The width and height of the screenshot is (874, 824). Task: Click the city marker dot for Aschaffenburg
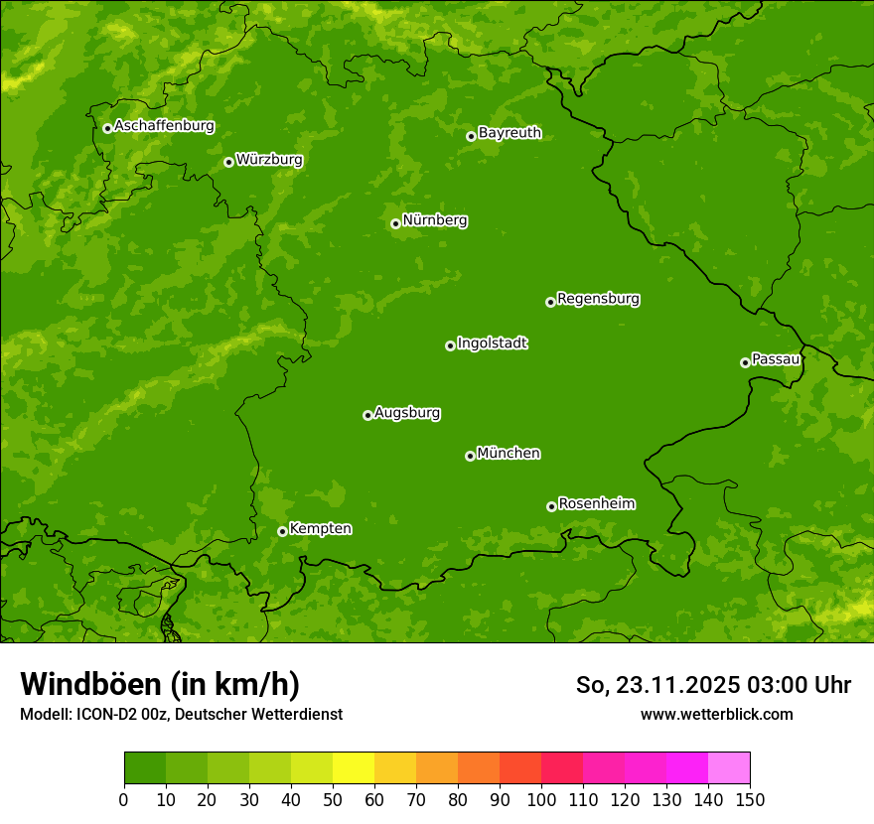(107, 128)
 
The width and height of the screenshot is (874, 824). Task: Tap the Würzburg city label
(269, 160)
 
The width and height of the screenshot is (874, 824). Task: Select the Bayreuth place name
(510, 133)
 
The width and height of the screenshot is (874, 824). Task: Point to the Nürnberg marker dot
(395, 223)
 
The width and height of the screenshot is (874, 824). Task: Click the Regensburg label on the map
(598, 299)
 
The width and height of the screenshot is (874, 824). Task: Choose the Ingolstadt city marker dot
(450, 345)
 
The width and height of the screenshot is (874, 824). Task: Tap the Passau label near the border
(776, 359)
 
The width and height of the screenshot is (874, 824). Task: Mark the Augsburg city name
(407, 413)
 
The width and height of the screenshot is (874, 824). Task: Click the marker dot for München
(470, 456)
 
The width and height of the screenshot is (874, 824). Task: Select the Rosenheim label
(596, 504)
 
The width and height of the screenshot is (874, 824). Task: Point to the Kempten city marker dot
(282, 531)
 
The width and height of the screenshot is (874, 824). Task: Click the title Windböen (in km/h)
(160, 684)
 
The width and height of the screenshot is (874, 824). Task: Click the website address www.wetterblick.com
(716, 714)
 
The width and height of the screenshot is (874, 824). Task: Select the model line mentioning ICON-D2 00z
(181, 714)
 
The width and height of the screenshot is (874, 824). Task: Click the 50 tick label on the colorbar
(333, 799)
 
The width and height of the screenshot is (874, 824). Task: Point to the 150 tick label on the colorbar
(750, 799)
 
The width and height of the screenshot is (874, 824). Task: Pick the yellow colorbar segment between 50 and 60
(354, 768)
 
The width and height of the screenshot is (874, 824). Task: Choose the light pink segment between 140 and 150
(729, 768)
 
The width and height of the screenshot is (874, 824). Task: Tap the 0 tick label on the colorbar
(124, 799)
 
